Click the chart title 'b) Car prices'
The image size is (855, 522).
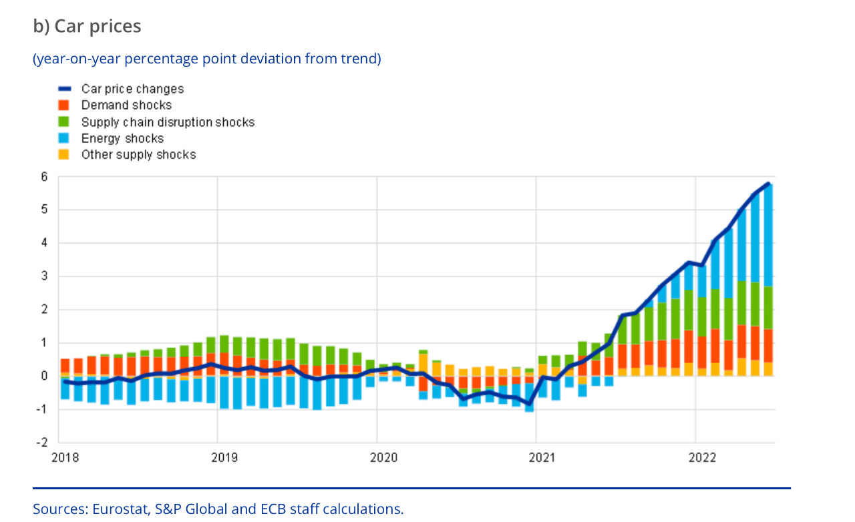pyautogui.click(x=87, y=26)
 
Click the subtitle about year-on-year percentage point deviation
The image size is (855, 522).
pyautogui.click(x=207, y=59)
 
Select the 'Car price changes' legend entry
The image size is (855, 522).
pyautogui.click(x=132, y=89)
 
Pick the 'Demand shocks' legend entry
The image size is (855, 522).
pyautogui.click(x=126, y=105)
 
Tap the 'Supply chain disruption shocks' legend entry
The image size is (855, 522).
pyautogui.click(x=168, y=122)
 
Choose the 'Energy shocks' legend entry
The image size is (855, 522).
pyautogui.click(x=122, y=138)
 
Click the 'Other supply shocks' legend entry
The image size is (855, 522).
pyautogui.click(x=138, y=154)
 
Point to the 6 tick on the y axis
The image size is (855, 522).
pyautogui.click(x=44, y=177)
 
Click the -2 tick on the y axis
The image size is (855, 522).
pyautogui.click(x=43, y=443)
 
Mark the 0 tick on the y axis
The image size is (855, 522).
pyautogui.click(x=44, y=376)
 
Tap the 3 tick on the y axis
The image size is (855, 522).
pyautogui.click(x=44, y=276)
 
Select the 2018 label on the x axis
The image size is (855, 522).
pyautogui.click(x=65, y=458)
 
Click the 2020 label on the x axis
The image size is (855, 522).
pyautogui.click(x=383, y=458)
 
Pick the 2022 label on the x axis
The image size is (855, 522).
pyautogui.click(x=702, y=458)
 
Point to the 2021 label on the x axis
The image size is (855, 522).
pyautogui.click(x=542, y=458)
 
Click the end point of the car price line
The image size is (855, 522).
pyautogui.click(x=769, y=184)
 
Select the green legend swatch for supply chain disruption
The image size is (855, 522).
pyautogui.click(x=64, y=122)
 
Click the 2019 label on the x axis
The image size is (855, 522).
pyautogui.click(x=224, y=458)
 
